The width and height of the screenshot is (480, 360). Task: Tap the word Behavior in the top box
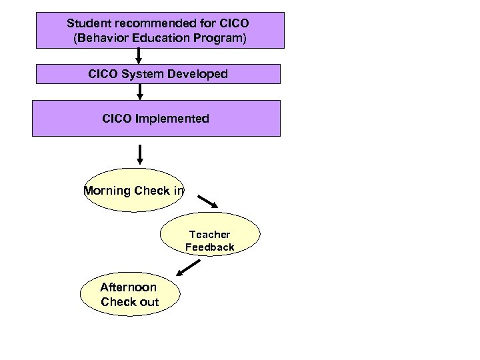100,39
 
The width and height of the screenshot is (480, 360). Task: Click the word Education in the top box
161,39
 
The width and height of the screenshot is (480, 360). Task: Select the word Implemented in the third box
172,119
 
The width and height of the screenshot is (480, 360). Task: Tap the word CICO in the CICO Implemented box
117,119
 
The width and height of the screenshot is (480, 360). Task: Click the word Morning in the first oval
107,191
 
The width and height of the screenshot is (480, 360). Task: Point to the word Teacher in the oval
209,235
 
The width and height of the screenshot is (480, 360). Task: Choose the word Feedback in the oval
209,247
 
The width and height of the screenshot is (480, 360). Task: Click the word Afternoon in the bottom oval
129,287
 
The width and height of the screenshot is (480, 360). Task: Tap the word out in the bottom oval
149,302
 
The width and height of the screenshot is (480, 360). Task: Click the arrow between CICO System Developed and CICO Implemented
140,91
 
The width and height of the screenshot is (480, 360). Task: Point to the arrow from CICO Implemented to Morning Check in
140,153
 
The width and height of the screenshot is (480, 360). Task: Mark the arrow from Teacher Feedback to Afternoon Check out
189,268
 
